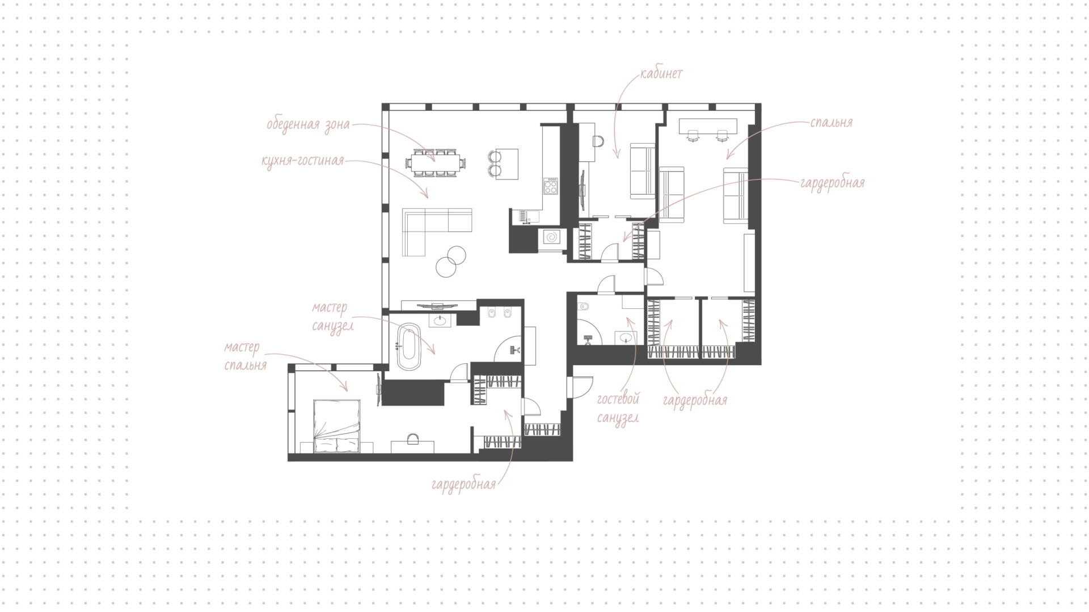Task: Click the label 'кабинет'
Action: tap(661, 74)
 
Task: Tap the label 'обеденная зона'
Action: tap(309, 124)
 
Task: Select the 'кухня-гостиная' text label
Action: tap(303, 161)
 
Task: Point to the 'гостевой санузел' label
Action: tap(618, 408)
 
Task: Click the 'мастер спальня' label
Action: tap(245, 356)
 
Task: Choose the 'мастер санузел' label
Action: tap(333, 317)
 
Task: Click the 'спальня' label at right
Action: tap(831, 123)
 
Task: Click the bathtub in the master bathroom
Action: tap(407, 347)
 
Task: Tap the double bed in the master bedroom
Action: tap(337, 426)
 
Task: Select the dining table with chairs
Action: tap(436, 163)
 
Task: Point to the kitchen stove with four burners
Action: tap(551, 186)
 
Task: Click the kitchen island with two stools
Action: tap(503, 164)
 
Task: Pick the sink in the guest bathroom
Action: tap(626, 338)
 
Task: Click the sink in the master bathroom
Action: tap(440, 321)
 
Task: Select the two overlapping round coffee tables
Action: tap(451, 261)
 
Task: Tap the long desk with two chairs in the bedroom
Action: tap(707, 129)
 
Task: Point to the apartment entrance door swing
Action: tap(583, 386)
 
